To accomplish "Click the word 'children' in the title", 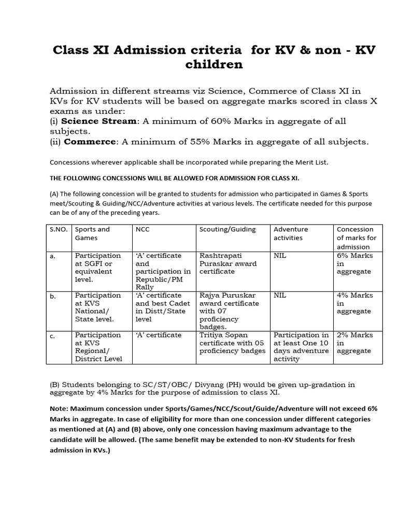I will pos(214,64).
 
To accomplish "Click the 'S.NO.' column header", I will pos(59,229).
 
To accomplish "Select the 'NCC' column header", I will pos(143,229).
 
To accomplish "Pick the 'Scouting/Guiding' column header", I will pos(228,229).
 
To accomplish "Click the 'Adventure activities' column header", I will pos(291,233).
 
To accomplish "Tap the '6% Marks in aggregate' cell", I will pos(354,263).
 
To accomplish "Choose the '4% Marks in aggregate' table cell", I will pos(354,303).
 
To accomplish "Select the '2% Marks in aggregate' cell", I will pos(354,343).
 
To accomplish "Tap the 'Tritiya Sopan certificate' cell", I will pos(232,343).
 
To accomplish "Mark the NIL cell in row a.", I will pos(280,256).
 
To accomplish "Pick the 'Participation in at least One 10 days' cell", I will pos(301,347).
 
